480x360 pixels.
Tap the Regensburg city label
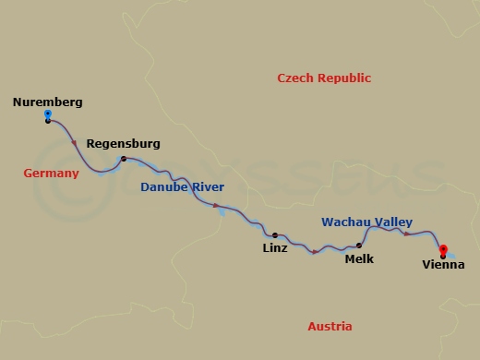[x=123, y=144]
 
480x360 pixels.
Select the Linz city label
[x=274, y=248]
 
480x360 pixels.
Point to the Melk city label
[x=358, y=259]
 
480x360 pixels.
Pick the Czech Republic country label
[x=324, y=78]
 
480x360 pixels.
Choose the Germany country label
[x=51, y=173]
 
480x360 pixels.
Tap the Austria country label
[x=330, y=327]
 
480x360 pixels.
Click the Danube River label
[x=182, y=187]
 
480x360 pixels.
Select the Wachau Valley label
[x=366, y=222]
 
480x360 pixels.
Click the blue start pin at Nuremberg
[x=47, y=115]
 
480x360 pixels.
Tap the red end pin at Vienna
[x=443, y=249]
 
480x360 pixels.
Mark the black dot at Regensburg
[x=122, y=160]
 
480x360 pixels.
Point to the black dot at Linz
[x=274, y=235]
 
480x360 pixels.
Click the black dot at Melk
[x=358, y=246]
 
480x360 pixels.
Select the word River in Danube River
[x=207, y=187]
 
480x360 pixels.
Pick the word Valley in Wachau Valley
[x=392, y=222]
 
